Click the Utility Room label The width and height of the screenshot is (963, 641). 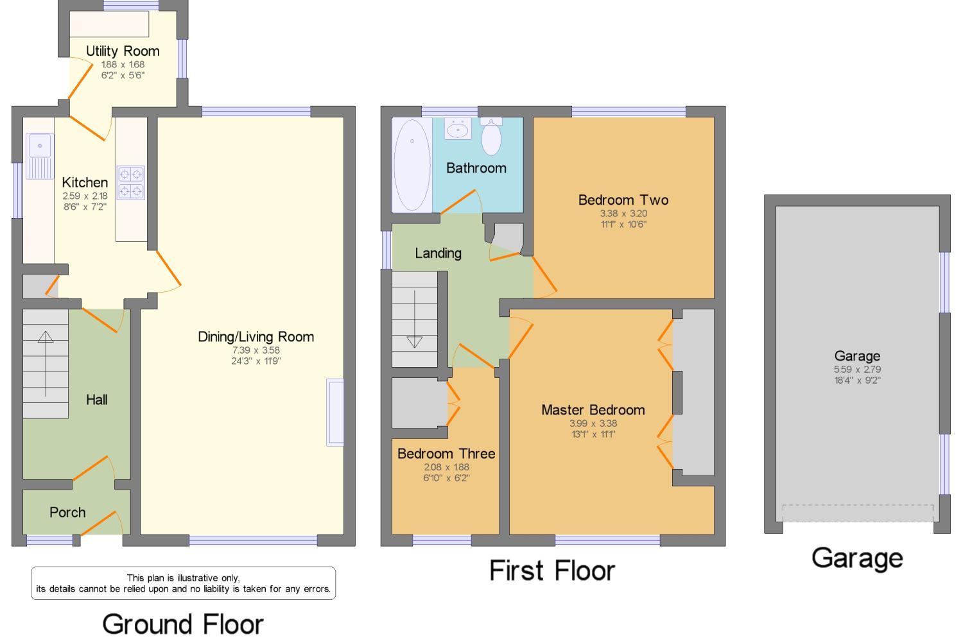(x=123, y=51)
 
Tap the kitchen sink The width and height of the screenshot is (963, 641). (x=40, y=156)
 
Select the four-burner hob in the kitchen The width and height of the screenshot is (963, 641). (x=131, y=183)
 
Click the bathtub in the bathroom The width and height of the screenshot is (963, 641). (x=412, y=165)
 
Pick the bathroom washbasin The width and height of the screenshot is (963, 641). (x=458, y=128)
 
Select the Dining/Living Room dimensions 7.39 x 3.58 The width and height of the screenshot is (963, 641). (x=256, y=350)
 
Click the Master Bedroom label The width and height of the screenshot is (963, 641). (x=593, y=410)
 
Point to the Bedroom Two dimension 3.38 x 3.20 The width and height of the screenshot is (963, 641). (x=623, y=214)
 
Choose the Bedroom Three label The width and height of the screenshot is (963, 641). (x=446, y=454)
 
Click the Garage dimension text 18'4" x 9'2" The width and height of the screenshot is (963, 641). (x=857, y=380)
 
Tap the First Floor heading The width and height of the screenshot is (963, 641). (x=552, y=570)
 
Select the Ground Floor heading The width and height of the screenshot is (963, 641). (x=183, y=624)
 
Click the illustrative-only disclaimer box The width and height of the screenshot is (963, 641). (x=183, y=583)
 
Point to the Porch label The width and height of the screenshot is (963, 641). (x=67, y=512)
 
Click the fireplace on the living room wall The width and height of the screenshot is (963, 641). (x=335, y=413)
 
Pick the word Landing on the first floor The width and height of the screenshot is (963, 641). (x=438, y=253)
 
